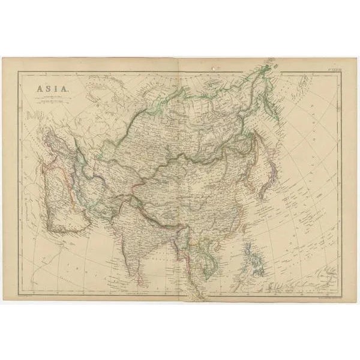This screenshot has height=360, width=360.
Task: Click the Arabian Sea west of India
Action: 102,240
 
